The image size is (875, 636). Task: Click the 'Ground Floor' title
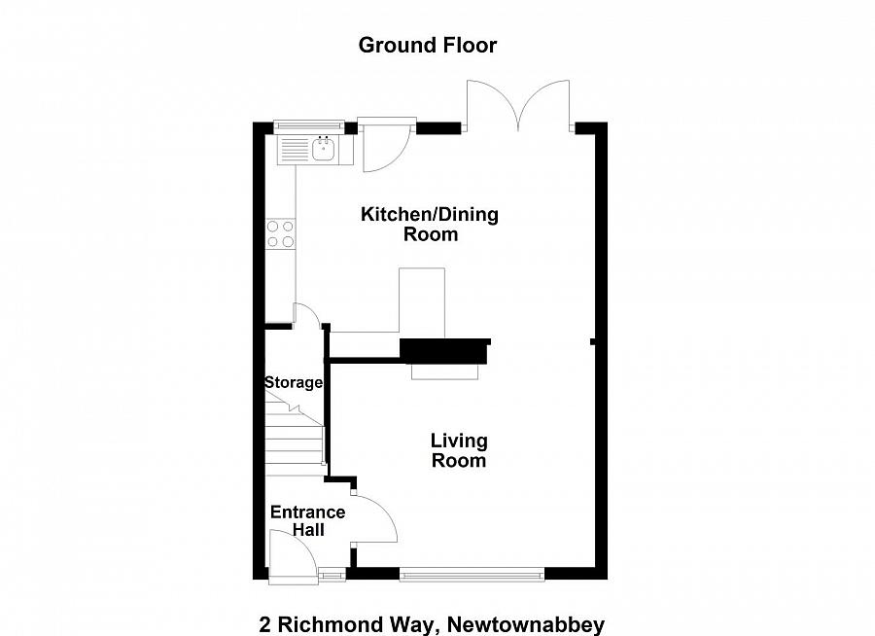tap(428, 45)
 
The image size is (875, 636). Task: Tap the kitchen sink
tap(323, 150)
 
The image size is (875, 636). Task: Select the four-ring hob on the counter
tap(281, 233)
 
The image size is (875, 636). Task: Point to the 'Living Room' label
tap(459, 450)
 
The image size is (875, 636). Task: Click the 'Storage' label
tap(293, 382)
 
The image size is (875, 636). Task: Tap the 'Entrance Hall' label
tap(307, 520)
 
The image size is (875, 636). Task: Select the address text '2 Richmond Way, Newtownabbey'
tap(432, 623)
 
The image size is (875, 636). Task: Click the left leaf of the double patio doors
tap(492, 105)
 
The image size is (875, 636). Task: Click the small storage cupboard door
tap(306, 313)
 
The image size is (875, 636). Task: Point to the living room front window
tap(472, 574)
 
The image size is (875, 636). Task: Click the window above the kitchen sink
tap(309, 124)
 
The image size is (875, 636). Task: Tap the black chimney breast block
tap(444, 350)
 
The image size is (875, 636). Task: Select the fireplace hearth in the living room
tap(445, 371)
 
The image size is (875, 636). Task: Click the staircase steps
tap(295, 442)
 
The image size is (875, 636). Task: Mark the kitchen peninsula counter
tap(420, 301)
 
